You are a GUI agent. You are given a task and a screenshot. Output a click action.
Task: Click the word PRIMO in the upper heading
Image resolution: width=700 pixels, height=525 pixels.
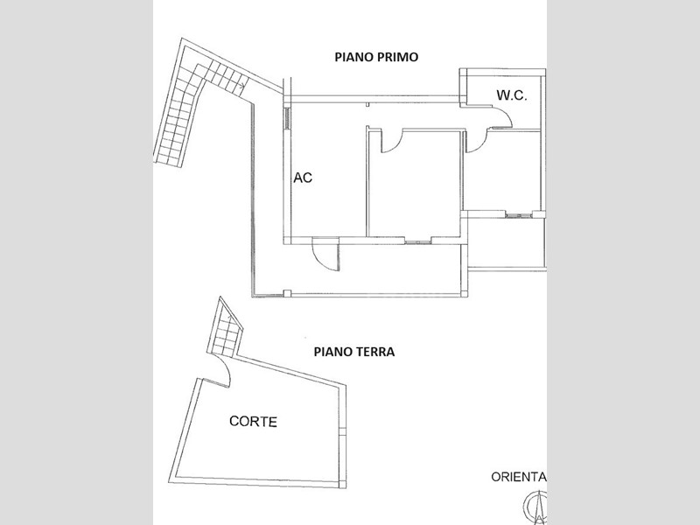click(x=396, y=57)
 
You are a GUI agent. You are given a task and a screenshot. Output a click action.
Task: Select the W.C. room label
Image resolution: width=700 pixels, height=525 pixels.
click(x=512, y=95)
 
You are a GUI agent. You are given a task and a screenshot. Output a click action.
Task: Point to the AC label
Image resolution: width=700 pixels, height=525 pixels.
click(x=303, y=178)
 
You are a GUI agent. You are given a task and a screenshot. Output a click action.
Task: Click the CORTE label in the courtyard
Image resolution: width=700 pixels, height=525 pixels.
click(x=253, y=422)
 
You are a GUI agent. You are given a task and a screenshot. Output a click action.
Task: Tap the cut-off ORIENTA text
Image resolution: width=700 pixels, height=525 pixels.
click(x=519, y=477)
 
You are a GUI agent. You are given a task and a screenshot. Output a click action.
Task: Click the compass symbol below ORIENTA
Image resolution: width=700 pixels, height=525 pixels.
click(x=535, y=507)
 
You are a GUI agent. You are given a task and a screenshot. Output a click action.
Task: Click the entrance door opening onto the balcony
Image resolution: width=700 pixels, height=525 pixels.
click(x=325, y=255)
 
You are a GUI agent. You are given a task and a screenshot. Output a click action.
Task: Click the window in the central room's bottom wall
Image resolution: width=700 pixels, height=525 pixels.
click(x=418, y=241)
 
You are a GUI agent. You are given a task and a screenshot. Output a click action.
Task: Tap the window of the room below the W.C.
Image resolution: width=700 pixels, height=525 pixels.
click(x=519, y=215)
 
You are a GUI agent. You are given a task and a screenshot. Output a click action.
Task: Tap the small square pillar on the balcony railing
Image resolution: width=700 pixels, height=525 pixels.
click(x=288, y=293)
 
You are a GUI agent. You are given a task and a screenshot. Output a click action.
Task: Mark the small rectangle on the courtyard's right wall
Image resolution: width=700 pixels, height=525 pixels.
click(x=342, y=431)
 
